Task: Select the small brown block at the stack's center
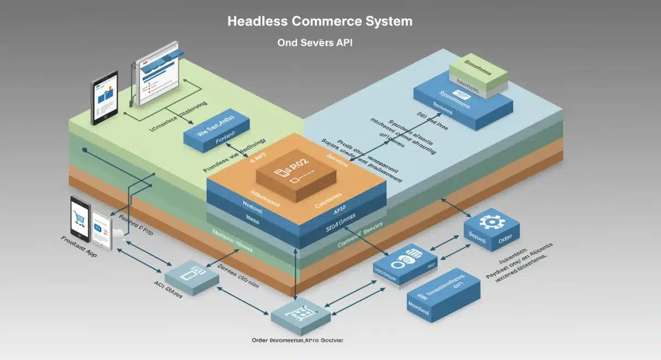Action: pos(296,177)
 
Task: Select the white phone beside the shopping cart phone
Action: pos(102,231)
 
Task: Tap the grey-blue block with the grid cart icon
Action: pos(300,315)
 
